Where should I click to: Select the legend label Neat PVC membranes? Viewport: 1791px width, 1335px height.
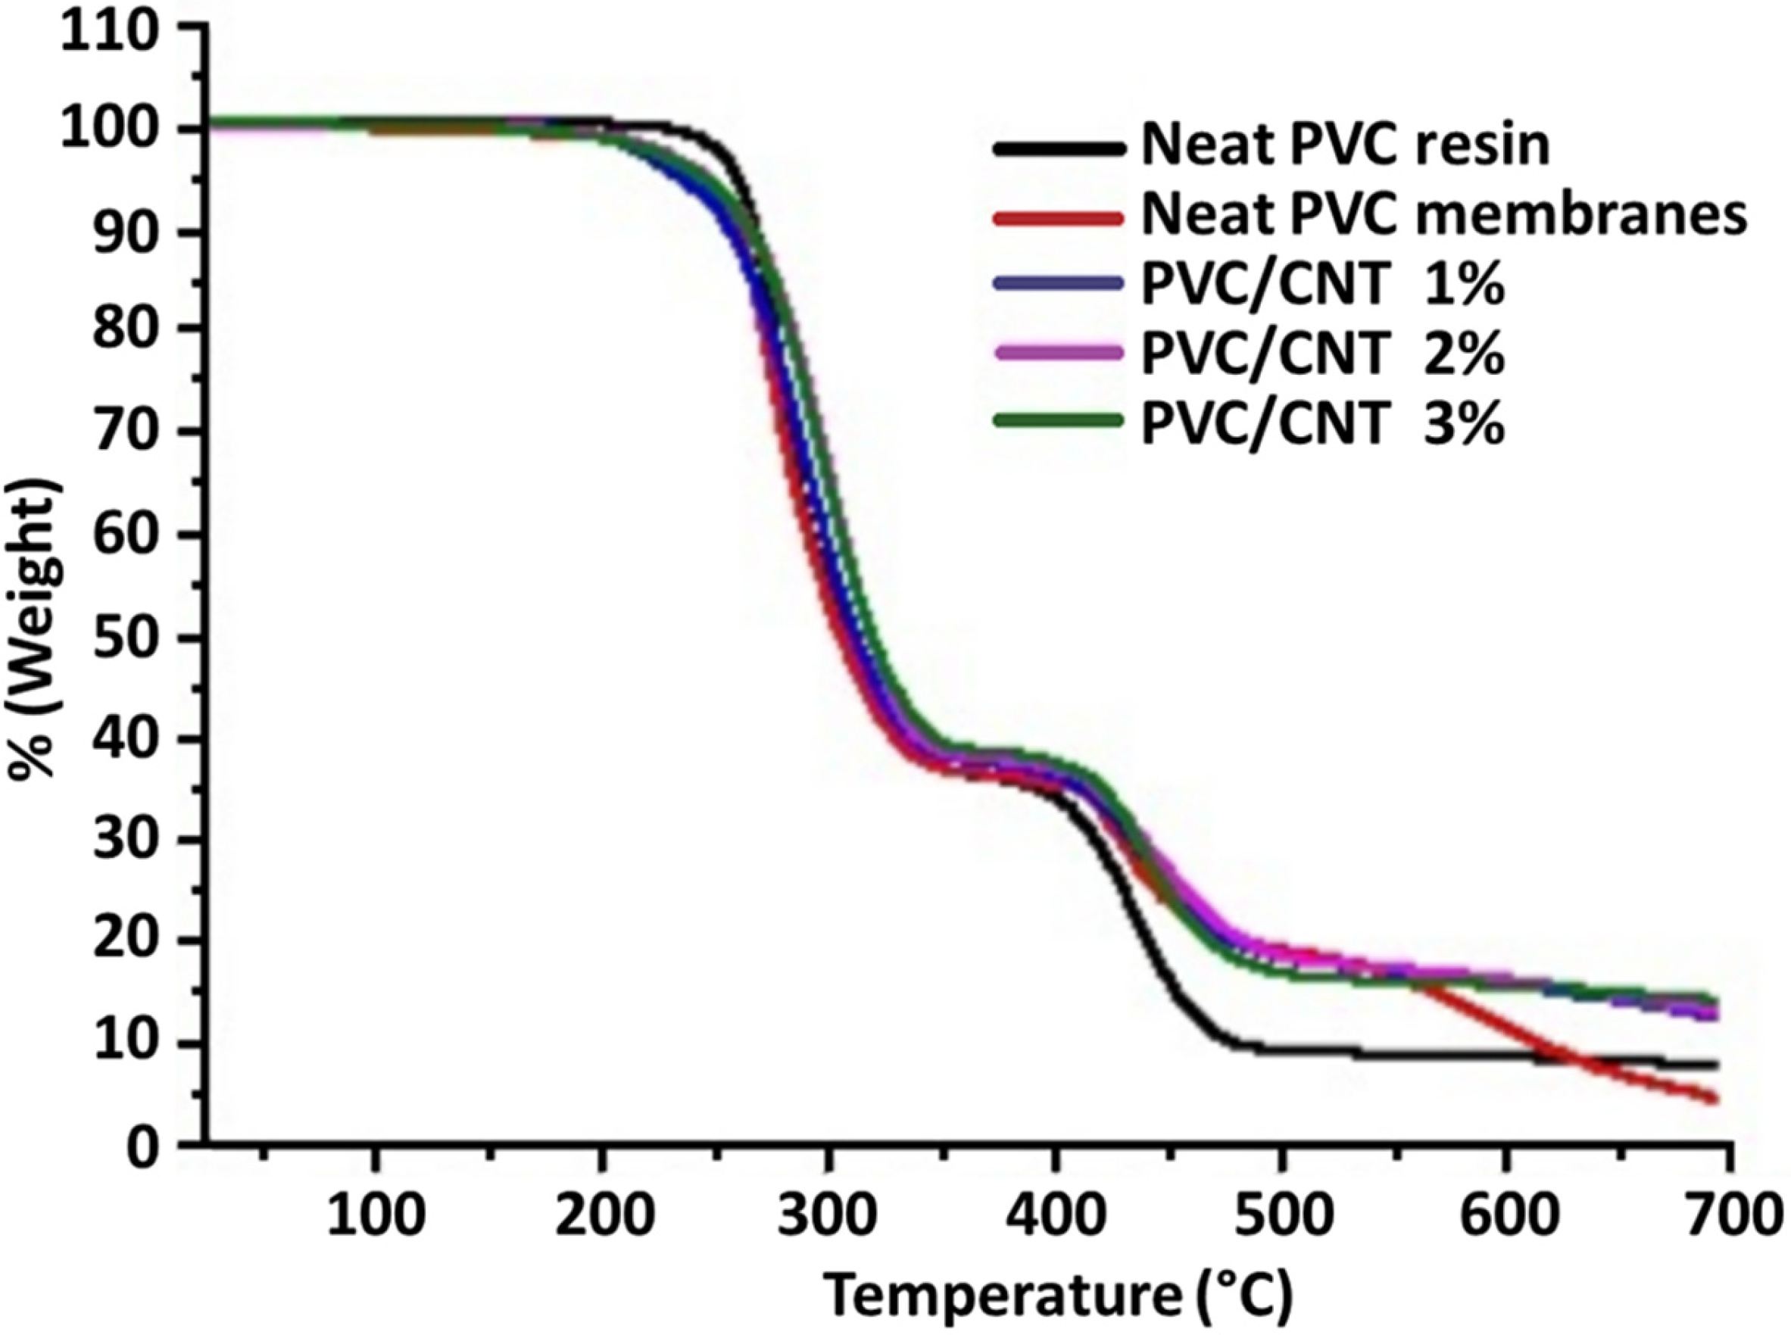point(1443,216)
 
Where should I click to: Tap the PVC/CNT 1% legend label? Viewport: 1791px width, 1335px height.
point(1322,284)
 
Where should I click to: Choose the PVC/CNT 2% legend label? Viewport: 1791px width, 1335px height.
point(1322,353)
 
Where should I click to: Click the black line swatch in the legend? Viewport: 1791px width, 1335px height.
point(1058,148)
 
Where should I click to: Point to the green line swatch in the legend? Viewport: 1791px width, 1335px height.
point(1058,420)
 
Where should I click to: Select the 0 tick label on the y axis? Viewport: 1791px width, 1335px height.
point(143,1147)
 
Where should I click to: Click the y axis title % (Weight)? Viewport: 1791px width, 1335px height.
point(35,627)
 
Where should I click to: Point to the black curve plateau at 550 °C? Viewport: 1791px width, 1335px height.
point(1393,1055)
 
